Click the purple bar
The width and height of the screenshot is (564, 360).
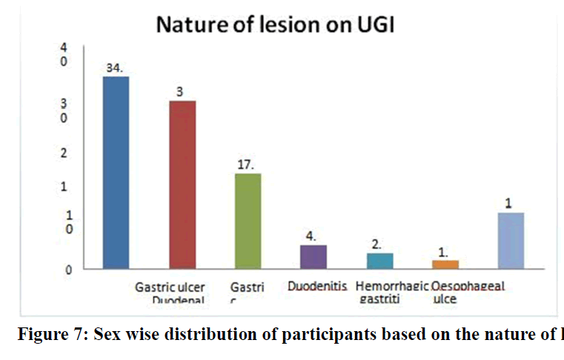click(313, 256)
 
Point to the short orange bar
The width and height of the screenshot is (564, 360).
click(445, 264)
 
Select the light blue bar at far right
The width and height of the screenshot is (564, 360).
click(511, 240)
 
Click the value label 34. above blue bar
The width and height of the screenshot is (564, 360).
click(115, 67)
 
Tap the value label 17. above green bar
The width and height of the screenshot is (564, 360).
click(247, 165)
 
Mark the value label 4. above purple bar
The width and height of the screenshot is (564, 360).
click(312, 236)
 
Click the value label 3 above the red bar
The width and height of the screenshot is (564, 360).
click(180, 91)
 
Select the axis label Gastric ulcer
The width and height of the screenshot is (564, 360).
click(170, 287)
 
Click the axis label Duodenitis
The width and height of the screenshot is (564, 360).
click(316, 286)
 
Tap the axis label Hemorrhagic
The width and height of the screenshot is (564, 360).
click(391, 286)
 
